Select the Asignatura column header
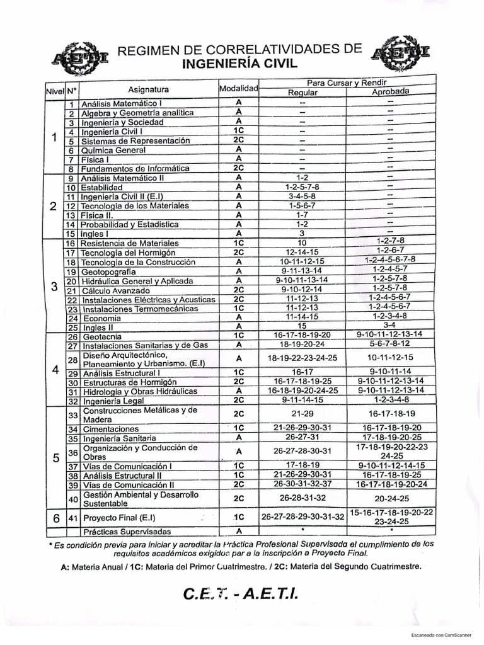tap(148, 89)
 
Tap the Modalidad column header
tap(238, 89)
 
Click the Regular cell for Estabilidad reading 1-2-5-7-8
tap(302, 187)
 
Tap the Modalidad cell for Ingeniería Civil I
tap(238, 131)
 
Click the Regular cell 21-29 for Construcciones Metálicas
tap(302, 414)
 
